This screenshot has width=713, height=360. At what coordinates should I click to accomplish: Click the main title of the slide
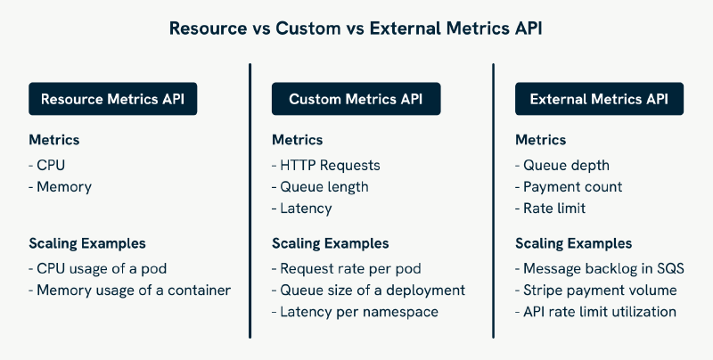pos(356,29)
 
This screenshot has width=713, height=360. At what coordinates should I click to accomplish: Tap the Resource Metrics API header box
pos(112,99)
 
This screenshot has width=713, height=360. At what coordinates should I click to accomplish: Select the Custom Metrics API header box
pos(356,99)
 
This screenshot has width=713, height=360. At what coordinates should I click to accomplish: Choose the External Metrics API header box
pos(599,99)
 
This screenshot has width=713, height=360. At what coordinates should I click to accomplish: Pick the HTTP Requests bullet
pos(326,165)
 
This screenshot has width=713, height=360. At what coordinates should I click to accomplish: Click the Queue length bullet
pos(319,187)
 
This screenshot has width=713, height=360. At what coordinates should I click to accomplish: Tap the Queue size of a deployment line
pos(368,290)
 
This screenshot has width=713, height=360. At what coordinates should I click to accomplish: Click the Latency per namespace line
pos(359,312)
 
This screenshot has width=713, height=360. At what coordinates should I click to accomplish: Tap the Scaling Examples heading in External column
pos(574,243)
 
